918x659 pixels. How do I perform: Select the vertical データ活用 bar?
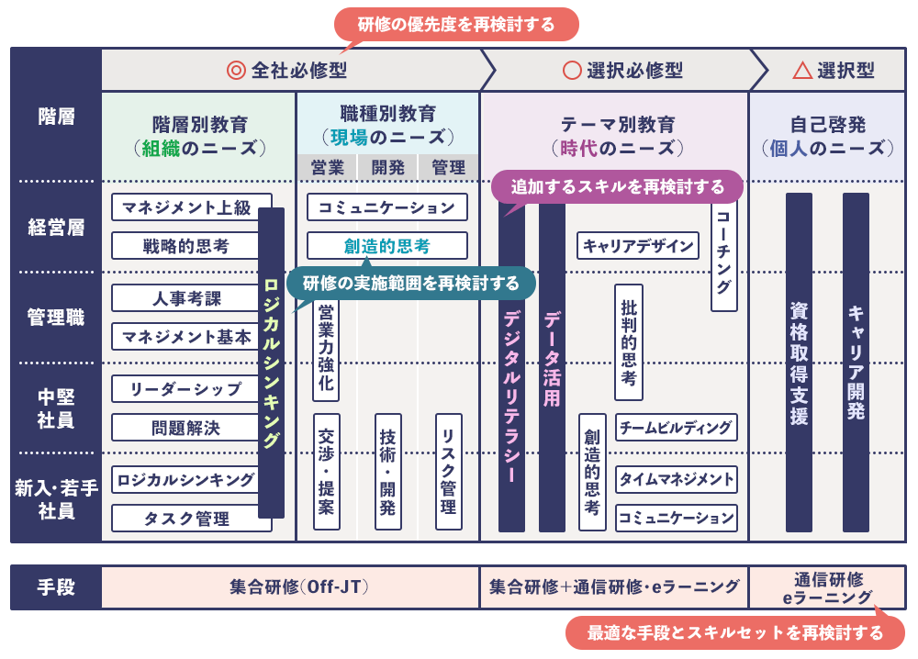(x=552, y=367)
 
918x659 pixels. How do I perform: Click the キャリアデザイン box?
(x=638, y=246)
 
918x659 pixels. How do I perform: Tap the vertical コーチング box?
(x=724, y=257)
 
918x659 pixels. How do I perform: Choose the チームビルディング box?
(x=677, y=428)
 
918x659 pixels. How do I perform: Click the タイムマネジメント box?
(x=677, y=479)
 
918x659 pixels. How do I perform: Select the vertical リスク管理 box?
(x=448, y=471)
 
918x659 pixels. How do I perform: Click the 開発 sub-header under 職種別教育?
(x=387, y=168)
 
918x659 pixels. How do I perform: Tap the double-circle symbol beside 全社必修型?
(x=236, y=70)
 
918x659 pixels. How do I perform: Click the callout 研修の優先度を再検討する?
(x=456, y=25)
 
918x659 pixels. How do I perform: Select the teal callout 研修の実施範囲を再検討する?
(x=410, y=283)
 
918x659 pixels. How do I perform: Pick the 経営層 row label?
(x=56, y=228)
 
